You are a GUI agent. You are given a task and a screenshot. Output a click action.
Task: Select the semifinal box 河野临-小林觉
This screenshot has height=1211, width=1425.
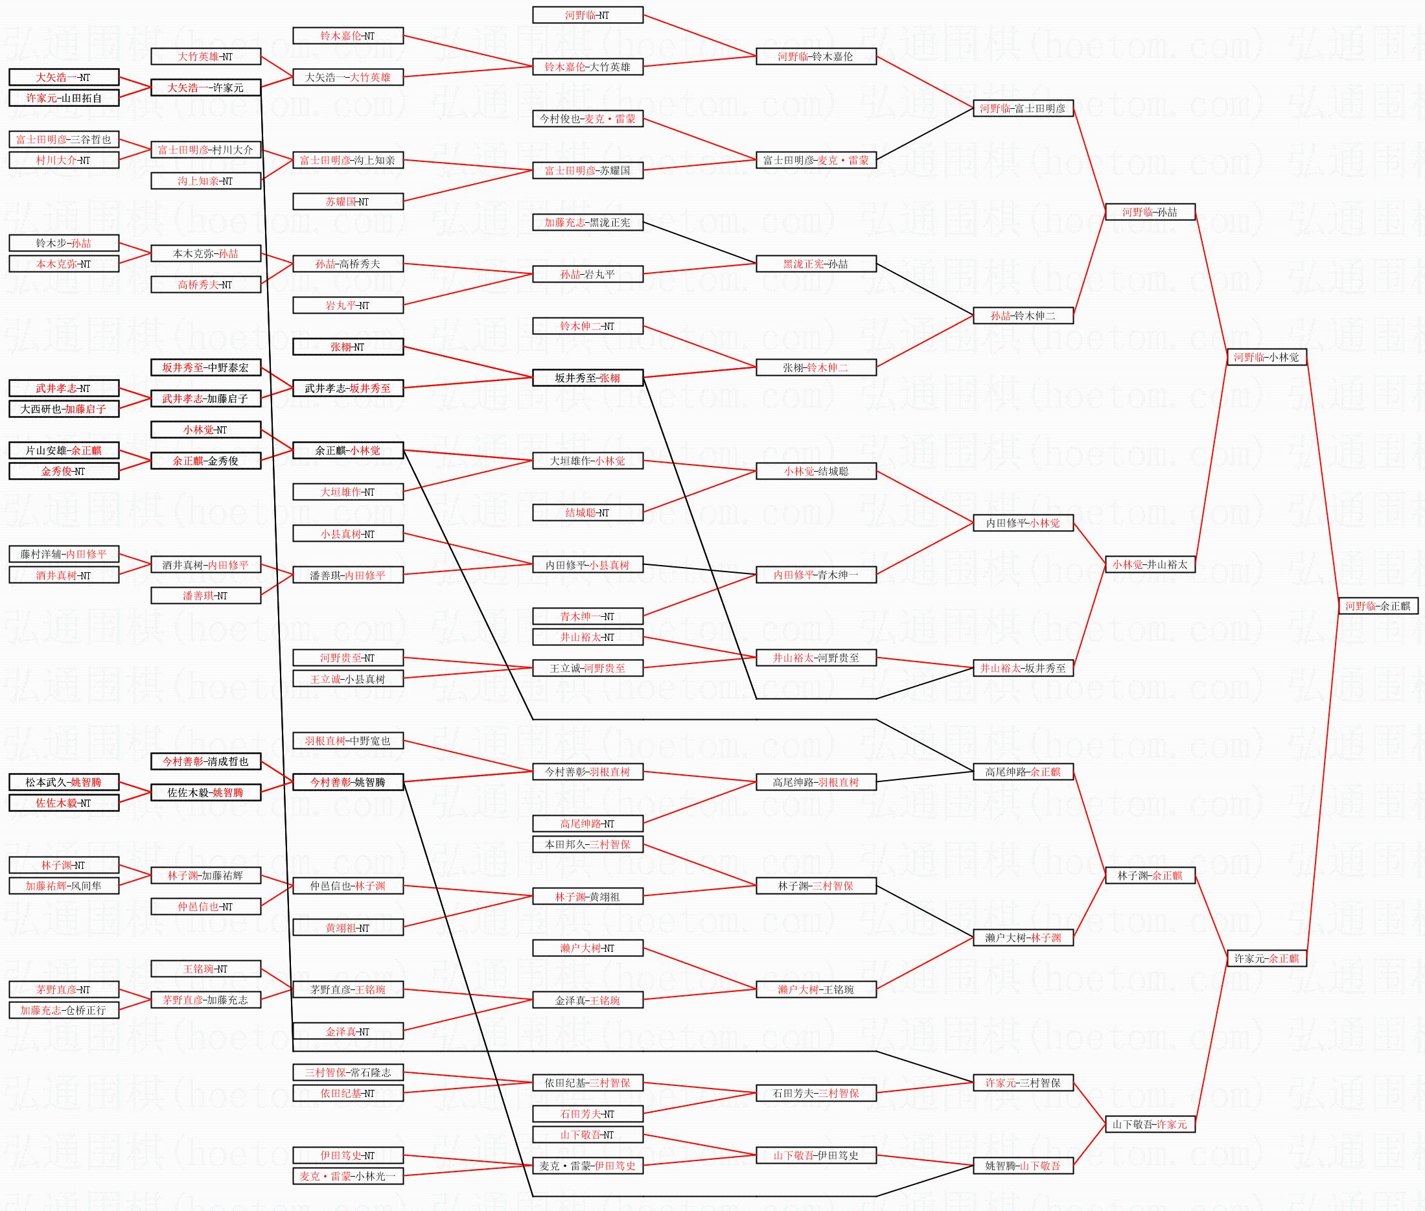(1266, 357)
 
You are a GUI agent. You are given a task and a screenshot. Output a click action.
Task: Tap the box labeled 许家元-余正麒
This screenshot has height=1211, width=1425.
(1266, 958)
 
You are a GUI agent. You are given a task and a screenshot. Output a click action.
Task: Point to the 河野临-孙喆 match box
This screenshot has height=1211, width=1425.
(1150, 212)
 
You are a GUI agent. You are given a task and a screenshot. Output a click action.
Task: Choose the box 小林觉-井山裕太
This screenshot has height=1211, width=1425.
(1150, 564)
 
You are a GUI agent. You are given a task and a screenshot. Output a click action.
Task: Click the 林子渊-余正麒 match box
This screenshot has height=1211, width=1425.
(1150, 875)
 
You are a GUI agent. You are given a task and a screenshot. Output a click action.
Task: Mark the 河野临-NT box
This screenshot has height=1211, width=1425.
(588, 15)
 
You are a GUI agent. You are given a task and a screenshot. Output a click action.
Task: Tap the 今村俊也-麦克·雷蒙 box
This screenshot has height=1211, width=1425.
(588, 119)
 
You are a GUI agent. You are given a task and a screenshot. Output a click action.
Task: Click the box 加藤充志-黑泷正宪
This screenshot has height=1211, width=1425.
(588, 222)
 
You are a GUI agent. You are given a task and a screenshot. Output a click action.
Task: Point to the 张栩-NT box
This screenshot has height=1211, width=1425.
(348, 347)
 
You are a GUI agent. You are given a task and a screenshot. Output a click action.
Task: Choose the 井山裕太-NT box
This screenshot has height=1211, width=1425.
(588, 637)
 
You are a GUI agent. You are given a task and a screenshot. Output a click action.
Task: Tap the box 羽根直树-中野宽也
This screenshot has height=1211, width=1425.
(348, 741)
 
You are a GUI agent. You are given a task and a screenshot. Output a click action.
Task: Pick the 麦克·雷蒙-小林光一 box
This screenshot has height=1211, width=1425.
(348, 1176)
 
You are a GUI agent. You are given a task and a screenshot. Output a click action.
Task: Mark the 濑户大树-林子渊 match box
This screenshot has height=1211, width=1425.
(1023, 938)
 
